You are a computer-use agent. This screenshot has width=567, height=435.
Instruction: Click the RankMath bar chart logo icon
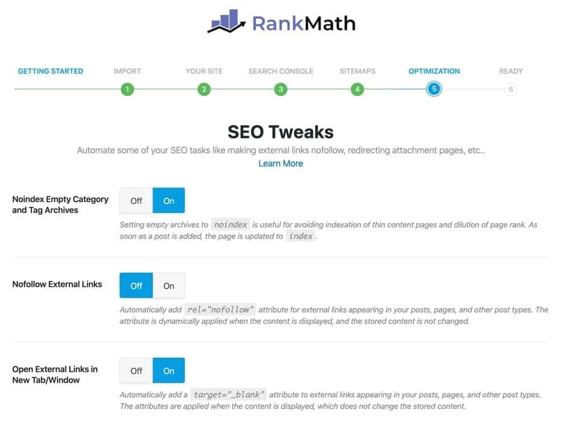(x=226, y=21)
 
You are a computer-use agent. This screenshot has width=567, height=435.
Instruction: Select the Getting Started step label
(x=51, y=71)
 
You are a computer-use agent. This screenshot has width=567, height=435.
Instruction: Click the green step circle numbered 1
(x=127, y=89)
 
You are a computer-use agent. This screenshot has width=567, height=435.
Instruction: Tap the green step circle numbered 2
(x=204, y=89)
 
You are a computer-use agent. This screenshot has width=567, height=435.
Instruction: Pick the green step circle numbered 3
(x=281, y=89)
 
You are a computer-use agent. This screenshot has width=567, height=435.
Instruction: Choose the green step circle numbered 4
(x=357, y=89)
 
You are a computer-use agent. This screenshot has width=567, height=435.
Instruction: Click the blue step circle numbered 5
(x=434, y=89)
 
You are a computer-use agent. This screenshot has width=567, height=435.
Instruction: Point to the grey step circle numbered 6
(x=511, y=89)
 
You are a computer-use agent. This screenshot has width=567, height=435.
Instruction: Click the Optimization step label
(x=434, y=71)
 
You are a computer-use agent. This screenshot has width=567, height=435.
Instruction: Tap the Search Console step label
(x=281, y=71)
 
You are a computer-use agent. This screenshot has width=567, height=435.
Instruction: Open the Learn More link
(x=281, y=164)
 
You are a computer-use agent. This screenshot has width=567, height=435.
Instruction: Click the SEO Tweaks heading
(x=281, y=132)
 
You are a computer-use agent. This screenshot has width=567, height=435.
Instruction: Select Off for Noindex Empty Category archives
(x=136, y=200)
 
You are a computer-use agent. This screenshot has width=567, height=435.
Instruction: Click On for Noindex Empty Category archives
(x=168, y=200)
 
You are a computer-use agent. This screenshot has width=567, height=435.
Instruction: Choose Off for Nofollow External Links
(x=136, y=285)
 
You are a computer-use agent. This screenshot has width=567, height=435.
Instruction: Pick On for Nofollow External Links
(x=168, y=285)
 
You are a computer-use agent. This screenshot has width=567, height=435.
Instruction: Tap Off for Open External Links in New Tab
(x=136, y=370)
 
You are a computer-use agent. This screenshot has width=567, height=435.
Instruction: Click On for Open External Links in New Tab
(x=168, y=370)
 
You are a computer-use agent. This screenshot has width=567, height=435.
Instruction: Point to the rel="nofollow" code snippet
(x=220, y=310)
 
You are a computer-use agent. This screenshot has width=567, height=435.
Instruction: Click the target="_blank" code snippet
(x=228, y=395)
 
